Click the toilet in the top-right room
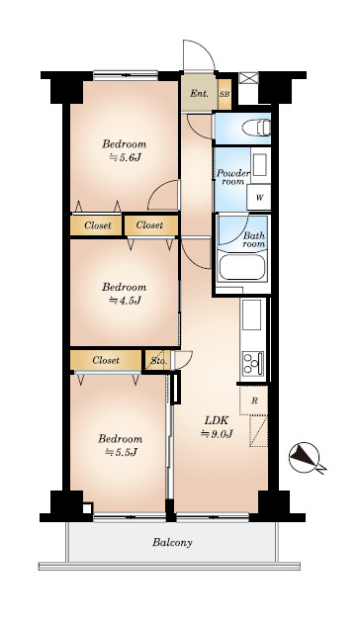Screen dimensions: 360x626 (x=256, y=128)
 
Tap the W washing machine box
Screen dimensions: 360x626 (x=258, y=197)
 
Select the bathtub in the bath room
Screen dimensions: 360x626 (x=242, y=267)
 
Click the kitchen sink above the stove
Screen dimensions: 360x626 (x=252, y=314)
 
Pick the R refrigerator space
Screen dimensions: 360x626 (x=254, y=402)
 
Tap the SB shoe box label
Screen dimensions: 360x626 (x=225, y=95)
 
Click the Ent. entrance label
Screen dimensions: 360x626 (x=199, y=93)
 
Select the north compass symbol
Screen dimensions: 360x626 (x=307, y=458)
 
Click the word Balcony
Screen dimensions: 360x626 (x=172, y=542)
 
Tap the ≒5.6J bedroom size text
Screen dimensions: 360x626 (x=125, y=157)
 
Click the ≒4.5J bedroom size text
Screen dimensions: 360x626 (x=125, y=301)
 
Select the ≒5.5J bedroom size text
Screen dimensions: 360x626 (x=121, y=452)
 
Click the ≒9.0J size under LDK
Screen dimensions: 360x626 (x=217, y=433)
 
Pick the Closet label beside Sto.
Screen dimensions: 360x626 (x=106, y=360)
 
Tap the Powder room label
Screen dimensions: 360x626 (x=233, y=177)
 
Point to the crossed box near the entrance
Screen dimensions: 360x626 (x=248, y=78)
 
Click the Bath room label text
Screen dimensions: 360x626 (x=254, y=239)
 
